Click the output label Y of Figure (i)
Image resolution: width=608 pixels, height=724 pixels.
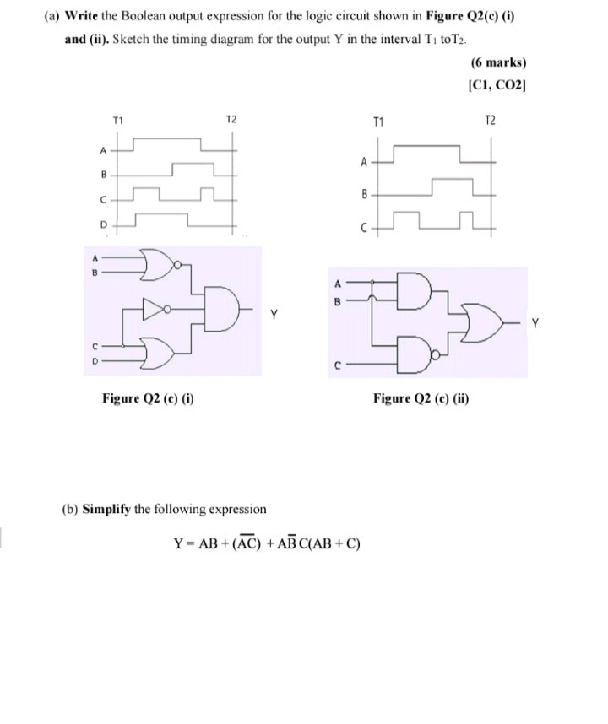274,318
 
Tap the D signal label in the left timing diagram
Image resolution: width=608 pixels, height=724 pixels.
104,225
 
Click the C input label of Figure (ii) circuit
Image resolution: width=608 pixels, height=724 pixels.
337,365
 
